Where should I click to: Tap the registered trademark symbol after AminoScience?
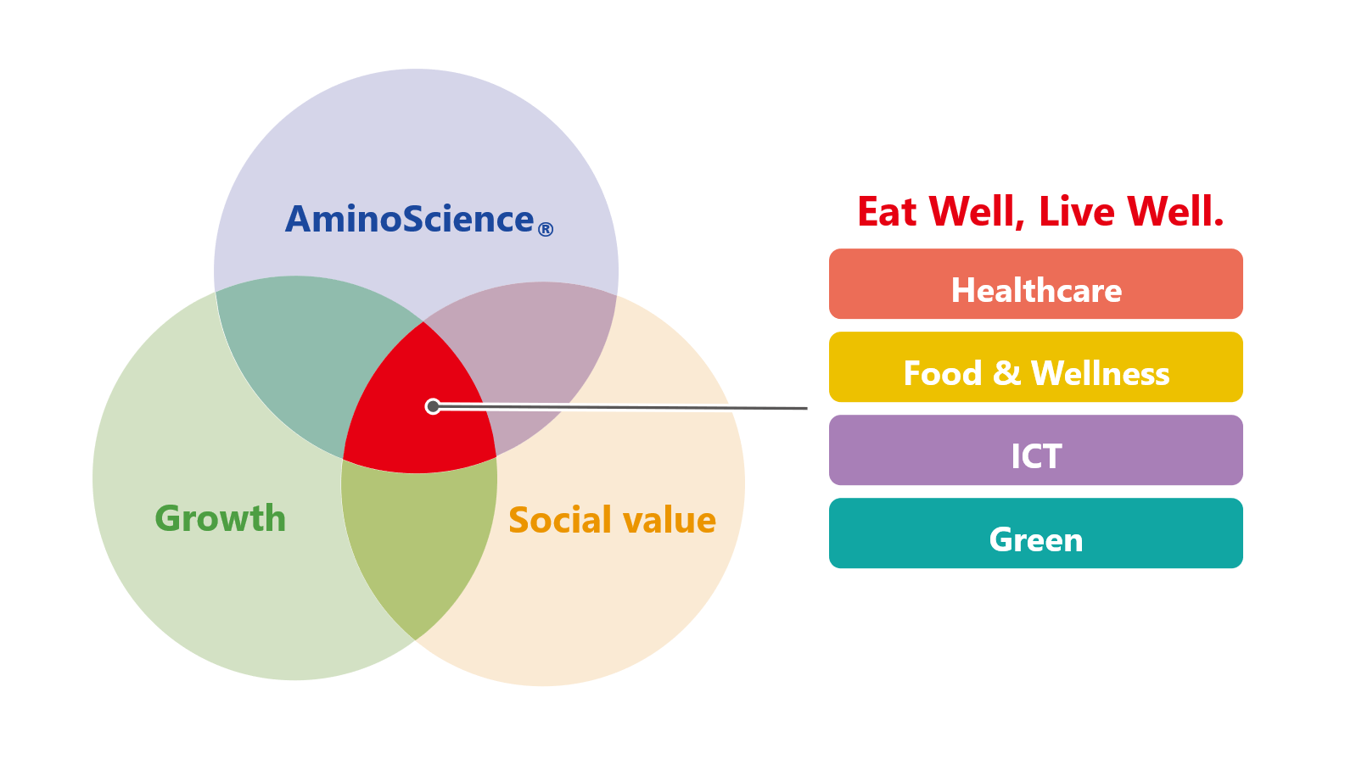[x=545, y=229]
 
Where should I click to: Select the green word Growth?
[x=221, y=518]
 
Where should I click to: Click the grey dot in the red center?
[x=433, y=407]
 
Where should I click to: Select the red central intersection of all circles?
[x=420, y=408]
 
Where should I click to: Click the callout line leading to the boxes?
[x=620, y=407]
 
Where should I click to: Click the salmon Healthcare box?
[x=1036, y=284]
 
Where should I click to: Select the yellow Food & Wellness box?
[x=1036, y=366]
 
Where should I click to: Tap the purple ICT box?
[x=1036, y=450]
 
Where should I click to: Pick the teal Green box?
[x=1036, y=533]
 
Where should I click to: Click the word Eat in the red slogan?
[x=887, y=212]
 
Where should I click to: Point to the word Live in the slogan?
[x=1076, y=212]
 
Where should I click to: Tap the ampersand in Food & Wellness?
[x=1006, y=372]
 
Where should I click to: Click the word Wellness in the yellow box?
[x=1100, y=373]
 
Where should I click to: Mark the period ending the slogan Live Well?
[x=1219, y=222]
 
